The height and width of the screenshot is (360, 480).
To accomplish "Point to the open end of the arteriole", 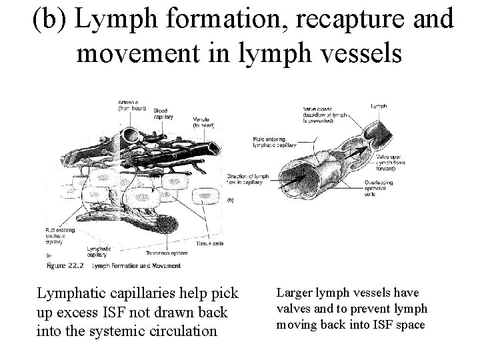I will pyautogui.click(x=128, y=136).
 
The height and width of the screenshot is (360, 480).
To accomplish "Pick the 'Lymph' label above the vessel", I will pyautogui.click(x=379, y=105).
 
